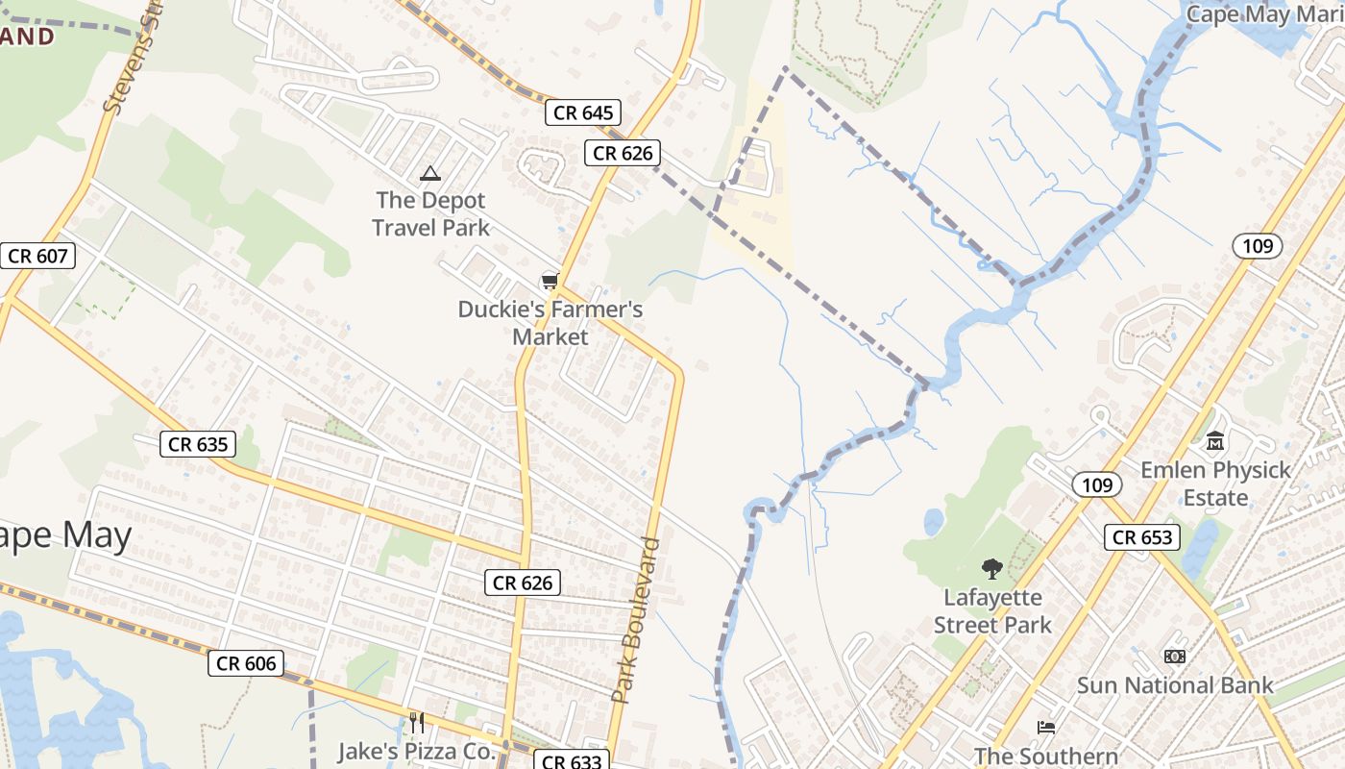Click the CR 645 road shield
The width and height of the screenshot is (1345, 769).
(583, 112)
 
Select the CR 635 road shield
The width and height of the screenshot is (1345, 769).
(198, 444)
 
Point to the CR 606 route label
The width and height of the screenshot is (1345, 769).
(246, 663)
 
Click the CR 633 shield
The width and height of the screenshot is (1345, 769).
(571, 761)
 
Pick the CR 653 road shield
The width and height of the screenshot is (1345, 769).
(1142, 537)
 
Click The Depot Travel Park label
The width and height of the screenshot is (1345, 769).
(430, 214)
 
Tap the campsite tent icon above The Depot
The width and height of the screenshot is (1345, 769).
(429, 174)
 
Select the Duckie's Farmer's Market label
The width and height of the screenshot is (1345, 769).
(550, 323)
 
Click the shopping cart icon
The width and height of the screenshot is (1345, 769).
(550, 281)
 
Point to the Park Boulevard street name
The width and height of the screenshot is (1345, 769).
(637, 620)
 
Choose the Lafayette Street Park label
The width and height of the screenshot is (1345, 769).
(992, 611)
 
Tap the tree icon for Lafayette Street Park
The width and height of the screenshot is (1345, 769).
(991, 569)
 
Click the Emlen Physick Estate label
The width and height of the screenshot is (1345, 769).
(1215, 484)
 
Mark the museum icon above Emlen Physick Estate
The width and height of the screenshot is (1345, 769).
(1215, 441)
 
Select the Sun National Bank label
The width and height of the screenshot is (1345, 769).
(1174, 685)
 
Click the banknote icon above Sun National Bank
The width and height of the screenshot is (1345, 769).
(1174, 657)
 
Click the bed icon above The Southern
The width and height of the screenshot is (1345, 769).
(1046, 728)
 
